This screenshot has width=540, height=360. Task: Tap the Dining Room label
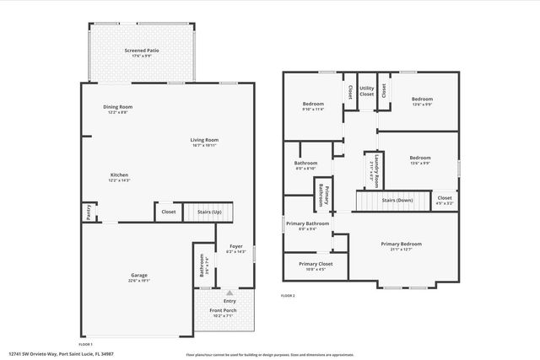(118, 109)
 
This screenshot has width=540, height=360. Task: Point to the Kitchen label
(119, 177)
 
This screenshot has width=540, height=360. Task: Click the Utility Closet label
(366, 91)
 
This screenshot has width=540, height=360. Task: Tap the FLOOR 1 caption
(85, 344)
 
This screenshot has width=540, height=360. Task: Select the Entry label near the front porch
(229, 301)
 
